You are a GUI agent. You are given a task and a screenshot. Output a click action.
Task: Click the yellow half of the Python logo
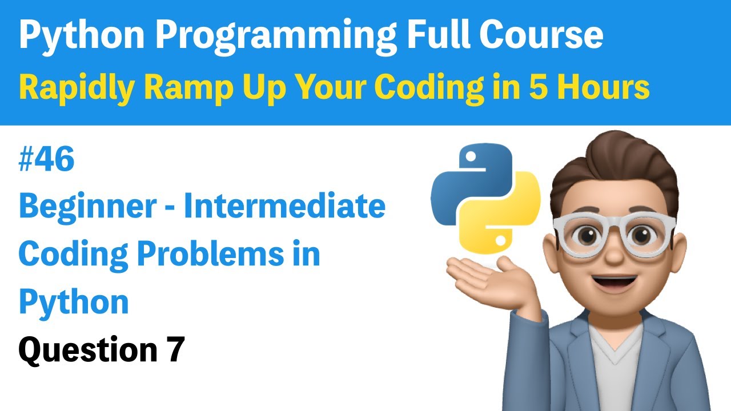pos(508,220)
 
